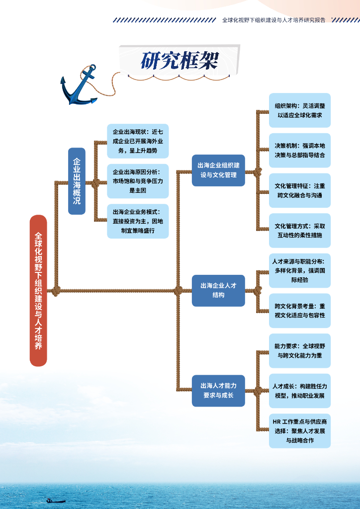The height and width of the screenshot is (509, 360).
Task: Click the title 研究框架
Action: click(x=179, y=61)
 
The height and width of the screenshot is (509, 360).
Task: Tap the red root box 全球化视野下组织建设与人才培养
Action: click(x=38, y=290)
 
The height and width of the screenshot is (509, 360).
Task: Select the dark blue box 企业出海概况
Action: click(x=77, y=181)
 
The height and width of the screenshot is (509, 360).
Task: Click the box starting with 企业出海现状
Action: click(x=138, y=141)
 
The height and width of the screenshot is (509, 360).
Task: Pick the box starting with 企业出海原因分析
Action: click(x=138, y=181)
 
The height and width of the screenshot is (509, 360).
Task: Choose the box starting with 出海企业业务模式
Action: click(x=138, y=221)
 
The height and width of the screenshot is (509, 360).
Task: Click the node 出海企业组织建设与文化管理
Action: click(x=218, y=170)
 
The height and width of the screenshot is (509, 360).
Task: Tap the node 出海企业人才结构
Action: click(x=218, y=290)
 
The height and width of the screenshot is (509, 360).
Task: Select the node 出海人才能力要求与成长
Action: click(x=218, y=391)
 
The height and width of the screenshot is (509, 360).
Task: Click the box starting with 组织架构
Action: click(x=300, y=110)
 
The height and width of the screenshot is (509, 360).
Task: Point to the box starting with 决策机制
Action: click(x=300, y=150)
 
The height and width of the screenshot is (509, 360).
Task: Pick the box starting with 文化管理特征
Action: click(x=300, y=190)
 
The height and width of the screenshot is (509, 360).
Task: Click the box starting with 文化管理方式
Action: click(x=300, y=231)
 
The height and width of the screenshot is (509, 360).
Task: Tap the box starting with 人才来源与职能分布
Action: click(x=300, y=270)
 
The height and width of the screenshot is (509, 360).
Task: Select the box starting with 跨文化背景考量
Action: click(x=300, y=311)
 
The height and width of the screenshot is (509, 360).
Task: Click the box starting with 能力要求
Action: click(x=300, y=350)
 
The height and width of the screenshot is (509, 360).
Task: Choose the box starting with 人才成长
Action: click(x=300, y=391)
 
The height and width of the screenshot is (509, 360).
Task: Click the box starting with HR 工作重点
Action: click(x=300, y=431)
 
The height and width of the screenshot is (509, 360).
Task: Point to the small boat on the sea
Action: click(x=55, y=501)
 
